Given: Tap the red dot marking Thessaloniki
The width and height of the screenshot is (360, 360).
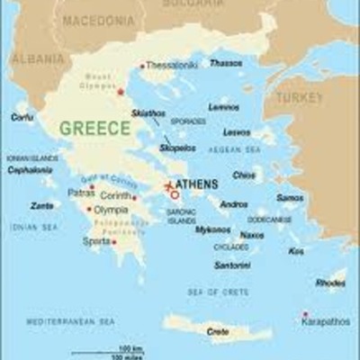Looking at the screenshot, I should [142, 66].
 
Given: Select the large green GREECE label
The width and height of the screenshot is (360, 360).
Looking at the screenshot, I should [94, 128].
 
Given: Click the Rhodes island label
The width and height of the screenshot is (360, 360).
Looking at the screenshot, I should [330, 283].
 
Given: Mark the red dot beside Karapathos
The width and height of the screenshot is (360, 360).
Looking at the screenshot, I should [305, 314].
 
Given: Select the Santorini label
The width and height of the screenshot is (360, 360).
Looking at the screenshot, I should [232, 265].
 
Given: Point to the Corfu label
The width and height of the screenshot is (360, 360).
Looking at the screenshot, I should [22, 117].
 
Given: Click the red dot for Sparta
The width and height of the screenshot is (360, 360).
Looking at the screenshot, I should [113, 241].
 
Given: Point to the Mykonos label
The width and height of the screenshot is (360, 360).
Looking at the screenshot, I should [213, 229].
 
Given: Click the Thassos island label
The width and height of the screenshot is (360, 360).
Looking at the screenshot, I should [226, 64].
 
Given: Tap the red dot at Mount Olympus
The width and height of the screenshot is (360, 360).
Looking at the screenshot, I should [121, 92].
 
